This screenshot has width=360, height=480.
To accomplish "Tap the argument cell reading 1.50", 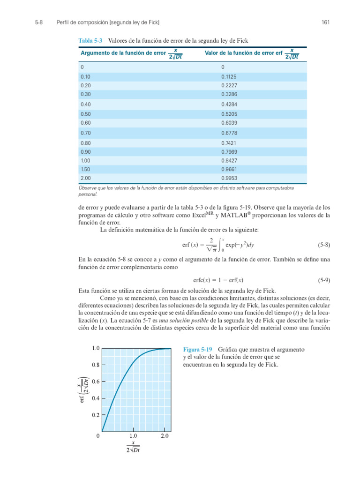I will pos(85,169).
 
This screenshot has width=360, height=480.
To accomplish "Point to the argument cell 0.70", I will pos(85,133).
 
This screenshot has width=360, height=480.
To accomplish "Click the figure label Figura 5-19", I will pos(197,350).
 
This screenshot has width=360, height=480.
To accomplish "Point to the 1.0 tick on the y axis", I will pos(96,348).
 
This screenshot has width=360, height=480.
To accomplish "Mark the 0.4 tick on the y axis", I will pos(96,398).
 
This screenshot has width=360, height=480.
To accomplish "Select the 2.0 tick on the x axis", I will pos(165,436).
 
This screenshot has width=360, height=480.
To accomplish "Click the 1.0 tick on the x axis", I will pos(133,436).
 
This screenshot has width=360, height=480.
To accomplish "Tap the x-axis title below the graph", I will pos(133,446).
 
